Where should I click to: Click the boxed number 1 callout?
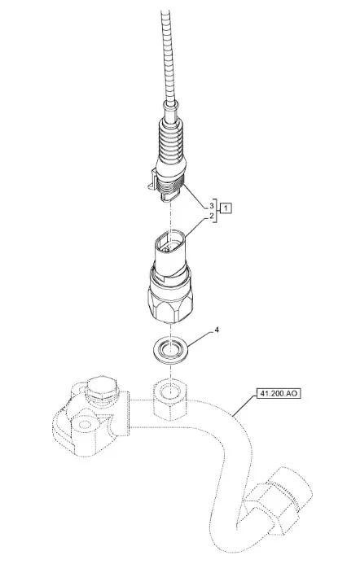226,208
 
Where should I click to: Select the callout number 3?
212,206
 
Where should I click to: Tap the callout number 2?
212,216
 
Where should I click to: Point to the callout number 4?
217,330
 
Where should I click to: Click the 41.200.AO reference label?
279,394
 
